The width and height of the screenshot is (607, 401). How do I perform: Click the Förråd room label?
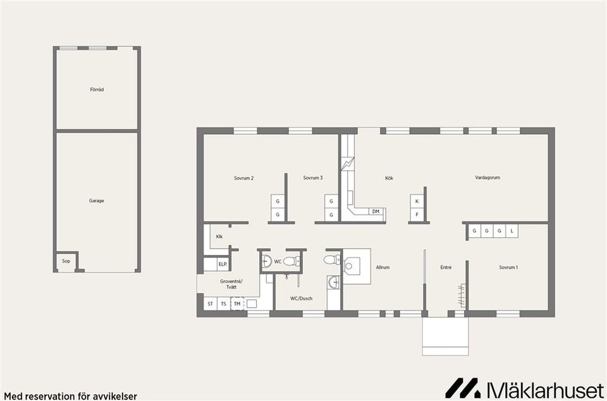[97, 90]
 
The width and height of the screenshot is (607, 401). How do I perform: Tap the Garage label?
[97, 201]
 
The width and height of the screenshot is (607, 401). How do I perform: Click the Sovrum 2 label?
[243, 178]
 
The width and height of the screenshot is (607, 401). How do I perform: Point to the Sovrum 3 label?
[312, 178]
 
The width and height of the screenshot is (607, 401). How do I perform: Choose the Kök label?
[389, 178]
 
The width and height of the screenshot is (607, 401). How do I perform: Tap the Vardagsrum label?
[487, 178]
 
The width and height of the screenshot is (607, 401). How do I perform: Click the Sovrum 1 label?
[508, 268]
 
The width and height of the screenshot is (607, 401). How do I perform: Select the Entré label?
[446, 268]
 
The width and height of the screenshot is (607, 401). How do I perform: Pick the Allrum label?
[383, 268]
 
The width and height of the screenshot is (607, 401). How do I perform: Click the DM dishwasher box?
[376, 211]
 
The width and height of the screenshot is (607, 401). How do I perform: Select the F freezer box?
[417, 215]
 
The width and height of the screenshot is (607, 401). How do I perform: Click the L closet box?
[512, 231]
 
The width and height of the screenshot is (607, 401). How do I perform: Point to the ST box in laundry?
[210, 304]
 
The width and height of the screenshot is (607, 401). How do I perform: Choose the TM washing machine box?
[237, 304]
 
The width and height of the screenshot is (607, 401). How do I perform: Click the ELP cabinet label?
[223, 264]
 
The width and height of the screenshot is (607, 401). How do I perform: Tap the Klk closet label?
[219, 237]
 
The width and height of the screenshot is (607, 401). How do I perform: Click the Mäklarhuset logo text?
[544, 388]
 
